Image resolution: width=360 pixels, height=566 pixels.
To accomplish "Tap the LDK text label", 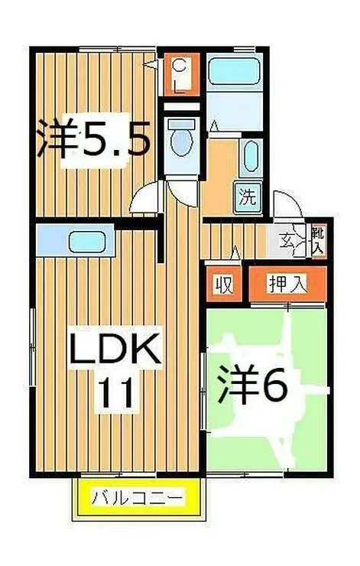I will click(115, 350).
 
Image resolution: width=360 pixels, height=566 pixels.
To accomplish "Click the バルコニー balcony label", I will click(138, 499).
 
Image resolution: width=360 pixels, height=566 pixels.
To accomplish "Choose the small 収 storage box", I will click(223, 285).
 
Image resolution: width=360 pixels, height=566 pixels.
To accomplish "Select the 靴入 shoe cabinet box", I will click(318, 240).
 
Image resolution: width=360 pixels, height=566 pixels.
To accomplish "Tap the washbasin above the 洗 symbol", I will click(251, 158).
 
